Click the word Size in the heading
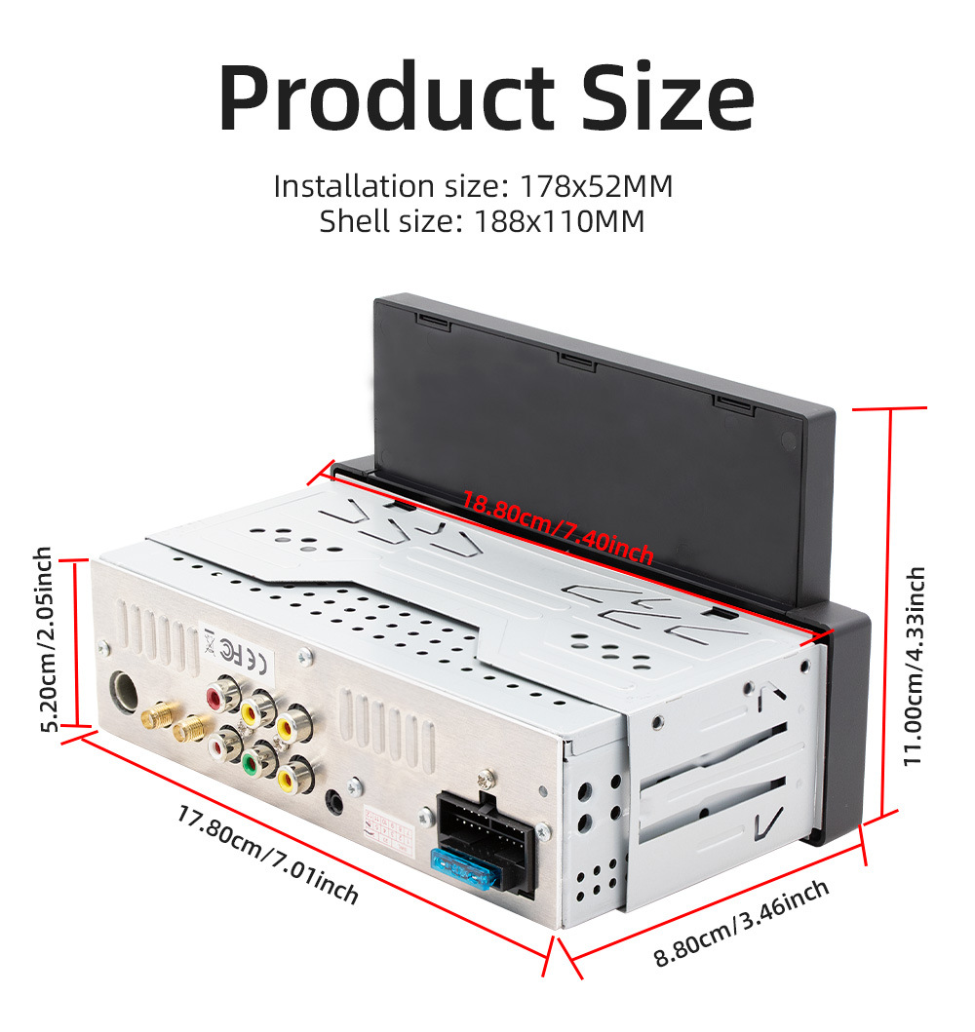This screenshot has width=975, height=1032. coord(668,98)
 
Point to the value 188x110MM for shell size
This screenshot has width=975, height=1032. coord(560,221)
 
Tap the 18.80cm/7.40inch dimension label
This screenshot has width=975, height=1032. coord(557,527)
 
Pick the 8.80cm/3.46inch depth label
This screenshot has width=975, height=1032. coord(741,921)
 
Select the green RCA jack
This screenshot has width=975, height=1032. coord(256,758)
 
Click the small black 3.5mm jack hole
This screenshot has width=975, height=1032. coord(335,800)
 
